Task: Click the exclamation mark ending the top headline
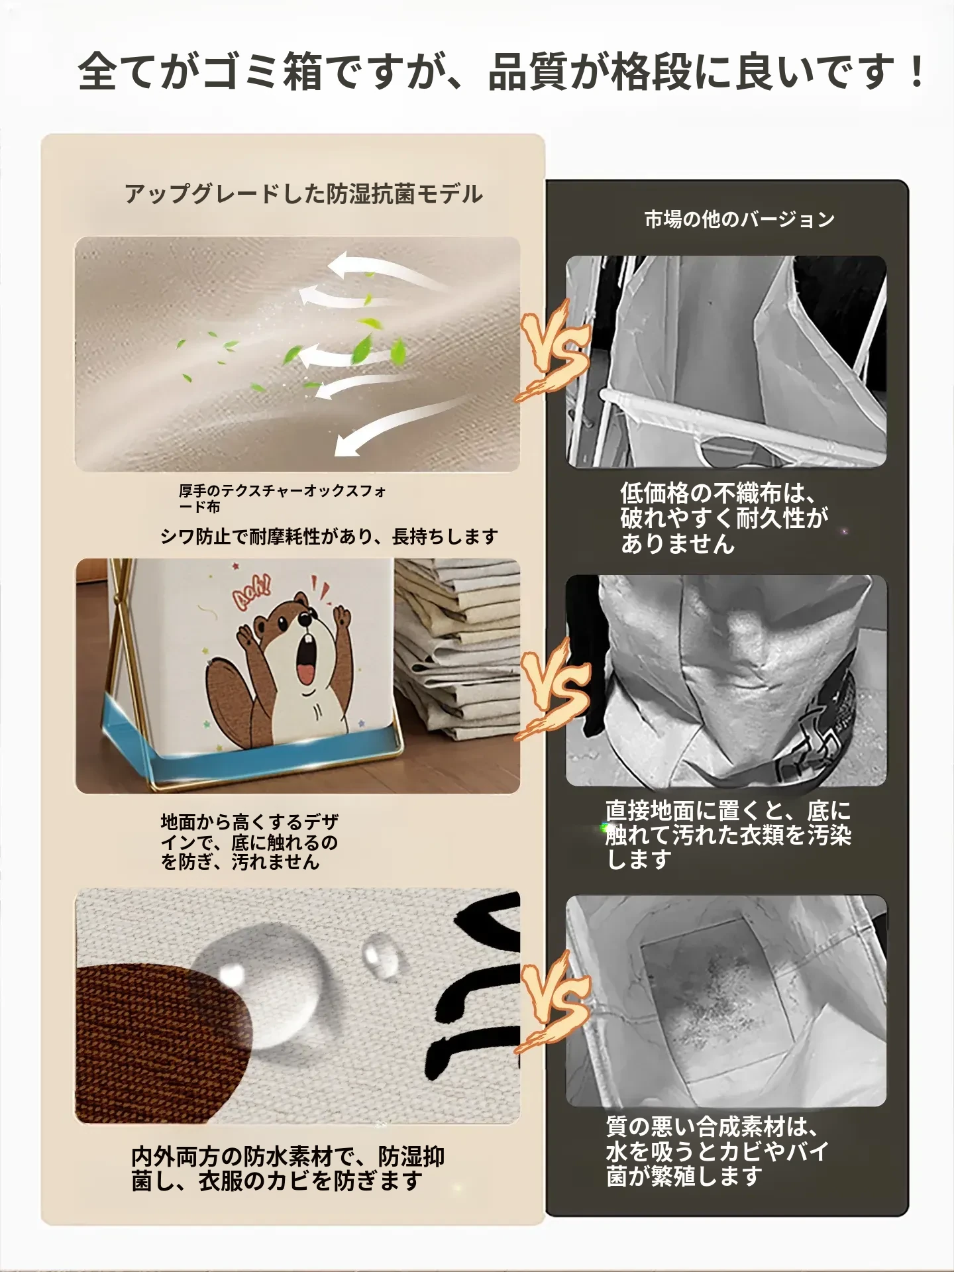tap(917, 72)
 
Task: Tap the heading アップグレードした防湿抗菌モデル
tap(304, 194)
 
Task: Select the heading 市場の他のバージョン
tap(739, 219)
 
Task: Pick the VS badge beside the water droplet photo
tap(553, 1003)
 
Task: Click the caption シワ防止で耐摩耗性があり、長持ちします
tap(329, 537)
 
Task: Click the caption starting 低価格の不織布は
tap(724, 518)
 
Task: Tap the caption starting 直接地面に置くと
tap(728, 835)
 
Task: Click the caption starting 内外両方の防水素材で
tap(288, 1169)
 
